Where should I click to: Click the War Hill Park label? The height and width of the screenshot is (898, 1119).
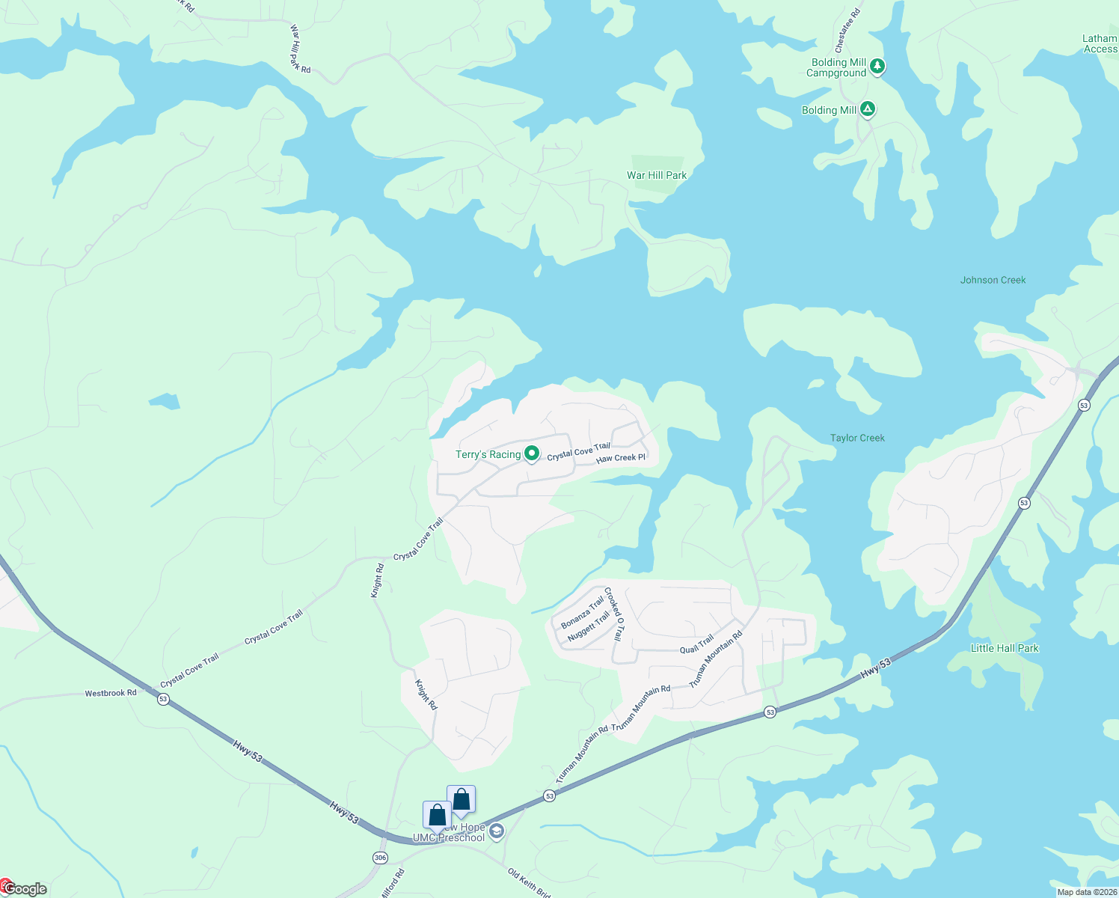(x=656, y=175)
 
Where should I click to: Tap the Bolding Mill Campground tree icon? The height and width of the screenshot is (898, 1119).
(x=877, y=67)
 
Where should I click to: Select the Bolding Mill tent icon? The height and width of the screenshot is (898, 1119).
(x=867, y=110)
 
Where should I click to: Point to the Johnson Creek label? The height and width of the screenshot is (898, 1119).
(x=993, y=280)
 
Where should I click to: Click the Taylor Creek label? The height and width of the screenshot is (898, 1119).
(x=857, y=438)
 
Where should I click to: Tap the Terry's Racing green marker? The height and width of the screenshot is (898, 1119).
(x=531, y=453)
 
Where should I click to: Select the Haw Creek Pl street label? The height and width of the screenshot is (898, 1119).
(x=620, y=458)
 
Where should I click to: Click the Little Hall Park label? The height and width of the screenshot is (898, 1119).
(x=1004, y=648)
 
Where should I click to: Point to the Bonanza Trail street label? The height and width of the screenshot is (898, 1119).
(x=582, y=612)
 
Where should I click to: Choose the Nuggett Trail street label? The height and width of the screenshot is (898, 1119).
(x=589, y=626)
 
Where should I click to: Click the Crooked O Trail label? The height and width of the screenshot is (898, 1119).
(x=613, y=614)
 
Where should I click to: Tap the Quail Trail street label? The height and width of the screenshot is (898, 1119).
(x=696, y=644)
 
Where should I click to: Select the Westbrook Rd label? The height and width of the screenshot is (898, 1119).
(x=111, y=693)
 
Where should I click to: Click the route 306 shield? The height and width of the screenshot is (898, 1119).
(x=380, y=858)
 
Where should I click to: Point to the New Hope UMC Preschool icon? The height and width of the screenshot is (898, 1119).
(x=497, y=831)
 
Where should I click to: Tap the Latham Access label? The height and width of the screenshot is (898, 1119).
(x=1100, y=43)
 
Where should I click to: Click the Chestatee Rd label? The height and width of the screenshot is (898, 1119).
(x=847, y=30)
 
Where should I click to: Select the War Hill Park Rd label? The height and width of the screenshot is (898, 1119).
(x=299, y=49)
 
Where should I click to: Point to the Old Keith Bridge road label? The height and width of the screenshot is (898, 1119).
(x=529, y=883)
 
